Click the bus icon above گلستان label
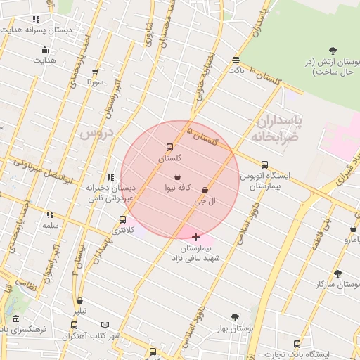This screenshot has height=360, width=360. tap(169, 148)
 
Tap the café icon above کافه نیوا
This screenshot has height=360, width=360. tap(177, 176)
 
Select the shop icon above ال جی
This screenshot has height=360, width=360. tap(205, 191)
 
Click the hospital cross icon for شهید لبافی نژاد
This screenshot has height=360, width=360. tap(195, 237)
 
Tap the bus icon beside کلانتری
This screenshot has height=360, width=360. tap(123, 219)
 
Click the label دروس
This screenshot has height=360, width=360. tap(94, 132)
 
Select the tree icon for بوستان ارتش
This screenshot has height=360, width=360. tap(333, 50)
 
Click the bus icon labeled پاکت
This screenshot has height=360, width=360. tap(236, 60)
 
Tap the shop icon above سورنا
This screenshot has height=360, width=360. tap(96, 72)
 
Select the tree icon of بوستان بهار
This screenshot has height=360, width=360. tap(235, 317)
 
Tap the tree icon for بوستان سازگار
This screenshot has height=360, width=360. tap(337, 274)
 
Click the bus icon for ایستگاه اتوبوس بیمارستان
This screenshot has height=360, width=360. tap(264, 165)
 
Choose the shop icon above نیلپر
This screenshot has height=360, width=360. tap(79, 301)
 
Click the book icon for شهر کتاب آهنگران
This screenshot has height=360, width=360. tap(105, 325)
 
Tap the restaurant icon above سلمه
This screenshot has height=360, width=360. tap(49, 214)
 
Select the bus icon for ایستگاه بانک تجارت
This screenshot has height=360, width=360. tap(297, 344)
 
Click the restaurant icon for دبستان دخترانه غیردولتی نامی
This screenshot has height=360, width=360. tap(110, 177)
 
